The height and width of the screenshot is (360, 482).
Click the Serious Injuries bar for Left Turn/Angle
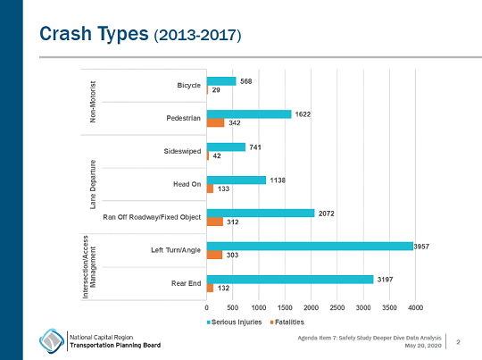point(310,246)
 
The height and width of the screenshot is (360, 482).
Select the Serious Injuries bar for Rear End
point(290,279)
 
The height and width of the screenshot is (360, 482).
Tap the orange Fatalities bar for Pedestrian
point(215,123)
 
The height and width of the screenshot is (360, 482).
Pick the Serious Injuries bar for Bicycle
point(221,81)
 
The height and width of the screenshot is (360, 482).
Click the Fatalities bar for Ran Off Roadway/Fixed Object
point(214,222)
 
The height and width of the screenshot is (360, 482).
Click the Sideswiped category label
point(183,151)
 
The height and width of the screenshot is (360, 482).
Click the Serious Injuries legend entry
point(237,321)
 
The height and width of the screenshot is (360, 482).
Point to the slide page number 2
point(458,341)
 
